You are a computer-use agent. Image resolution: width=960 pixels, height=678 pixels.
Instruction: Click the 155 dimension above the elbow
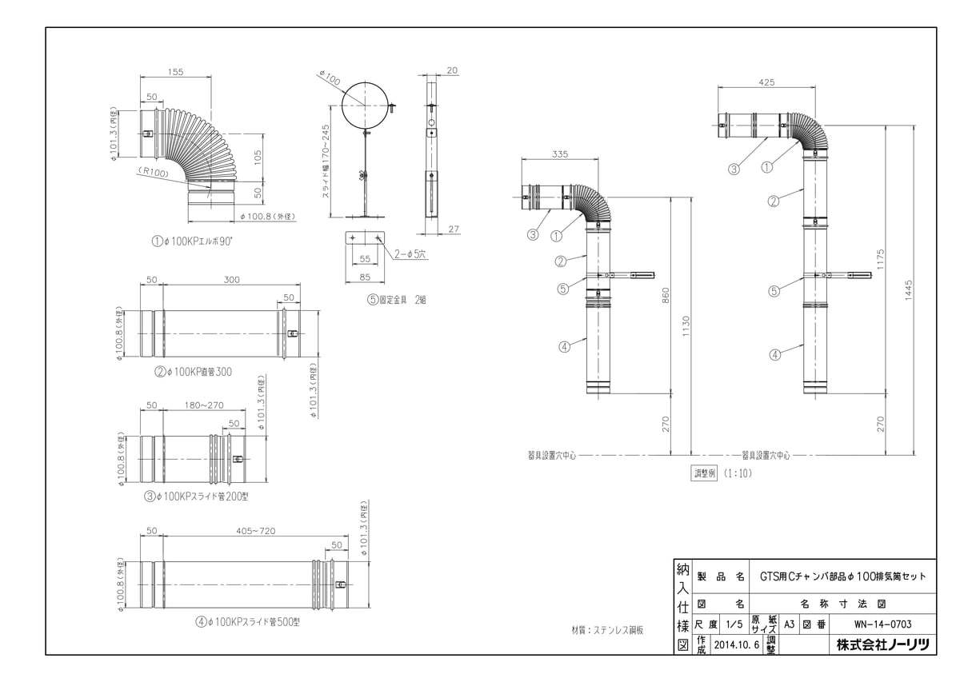tap(176, 72)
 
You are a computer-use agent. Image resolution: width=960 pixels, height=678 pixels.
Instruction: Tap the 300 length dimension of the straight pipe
tap(231, 281)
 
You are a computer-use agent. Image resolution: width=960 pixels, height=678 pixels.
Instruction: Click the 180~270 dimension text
tap(204, 405)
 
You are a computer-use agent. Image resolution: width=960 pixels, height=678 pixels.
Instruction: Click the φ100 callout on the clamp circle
tap(329, 79)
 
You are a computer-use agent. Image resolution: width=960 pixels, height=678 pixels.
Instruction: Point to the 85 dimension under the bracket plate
tap(365, 278)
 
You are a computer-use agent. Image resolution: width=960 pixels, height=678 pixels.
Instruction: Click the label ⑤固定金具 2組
tap(398, 300)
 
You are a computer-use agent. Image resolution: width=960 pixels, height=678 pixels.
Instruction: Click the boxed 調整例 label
tap(704, 473)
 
